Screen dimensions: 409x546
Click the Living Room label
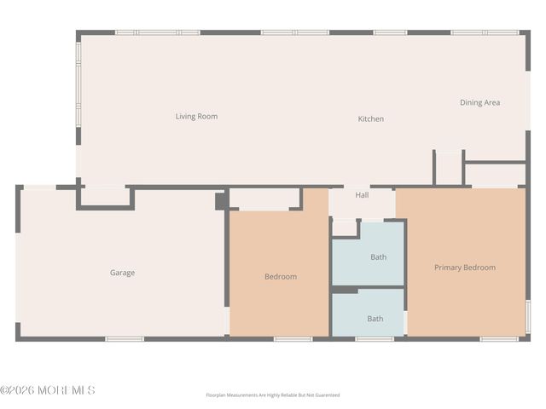196,117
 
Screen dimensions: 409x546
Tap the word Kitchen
370,119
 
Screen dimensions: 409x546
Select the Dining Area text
479,103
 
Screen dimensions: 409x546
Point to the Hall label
362,195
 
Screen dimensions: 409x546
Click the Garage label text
122,274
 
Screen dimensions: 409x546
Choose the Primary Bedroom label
464,268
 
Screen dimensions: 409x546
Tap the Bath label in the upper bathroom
377,257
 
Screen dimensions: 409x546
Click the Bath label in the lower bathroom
375,319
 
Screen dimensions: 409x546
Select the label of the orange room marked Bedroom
280,277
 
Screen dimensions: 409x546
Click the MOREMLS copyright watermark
48,390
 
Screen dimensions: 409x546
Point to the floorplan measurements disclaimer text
273,395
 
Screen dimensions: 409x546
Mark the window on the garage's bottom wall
125,339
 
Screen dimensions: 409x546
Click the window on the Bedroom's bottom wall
293,339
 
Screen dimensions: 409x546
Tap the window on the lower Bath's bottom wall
374,339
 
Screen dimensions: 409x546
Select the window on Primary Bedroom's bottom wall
498,339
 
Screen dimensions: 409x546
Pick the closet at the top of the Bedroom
264,199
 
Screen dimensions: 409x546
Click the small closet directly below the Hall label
345,228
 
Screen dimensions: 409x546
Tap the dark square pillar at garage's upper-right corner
220,201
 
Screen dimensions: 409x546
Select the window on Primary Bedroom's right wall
527,315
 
